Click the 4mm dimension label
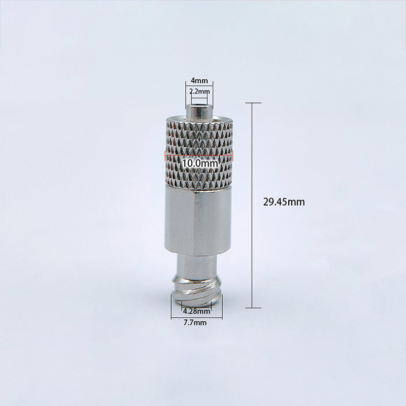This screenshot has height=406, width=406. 199,81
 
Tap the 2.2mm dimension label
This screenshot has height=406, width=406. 199,91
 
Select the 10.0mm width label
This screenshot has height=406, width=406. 200,163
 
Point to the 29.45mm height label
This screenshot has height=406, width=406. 284,202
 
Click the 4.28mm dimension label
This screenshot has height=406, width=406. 196,311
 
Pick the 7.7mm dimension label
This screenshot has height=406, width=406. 195,323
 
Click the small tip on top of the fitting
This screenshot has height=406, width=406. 199,112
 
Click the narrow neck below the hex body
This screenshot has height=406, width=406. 197,265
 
